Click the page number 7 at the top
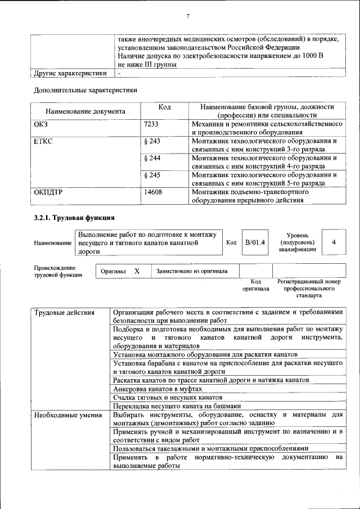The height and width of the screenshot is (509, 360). pos(187,16)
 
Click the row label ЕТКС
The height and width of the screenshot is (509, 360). pos(43,141)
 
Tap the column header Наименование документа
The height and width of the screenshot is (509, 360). pos(85,111)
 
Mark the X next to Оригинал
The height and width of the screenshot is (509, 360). pos(137,271)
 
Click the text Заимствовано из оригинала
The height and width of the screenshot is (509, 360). pos(192,271)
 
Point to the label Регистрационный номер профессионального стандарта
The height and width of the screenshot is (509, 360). pos(309,287)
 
